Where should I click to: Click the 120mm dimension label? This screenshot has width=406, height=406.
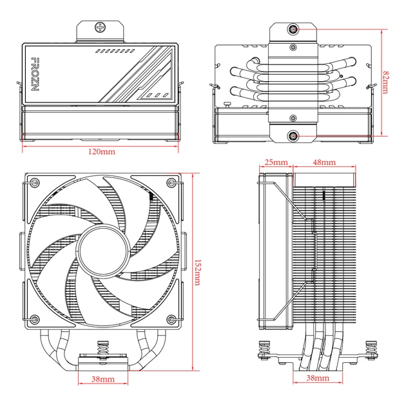(101, 151)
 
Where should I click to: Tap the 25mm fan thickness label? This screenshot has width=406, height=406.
(276, 162)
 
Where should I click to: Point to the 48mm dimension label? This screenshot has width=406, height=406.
(324, 162)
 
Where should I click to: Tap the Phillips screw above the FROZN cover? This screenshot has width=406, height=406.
(101, 28)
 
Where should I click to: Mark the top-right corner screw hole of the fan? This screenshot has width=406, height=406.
(170, 182)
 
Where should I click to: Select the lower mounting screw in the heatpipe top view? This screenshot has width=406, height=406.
(294, 136)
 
